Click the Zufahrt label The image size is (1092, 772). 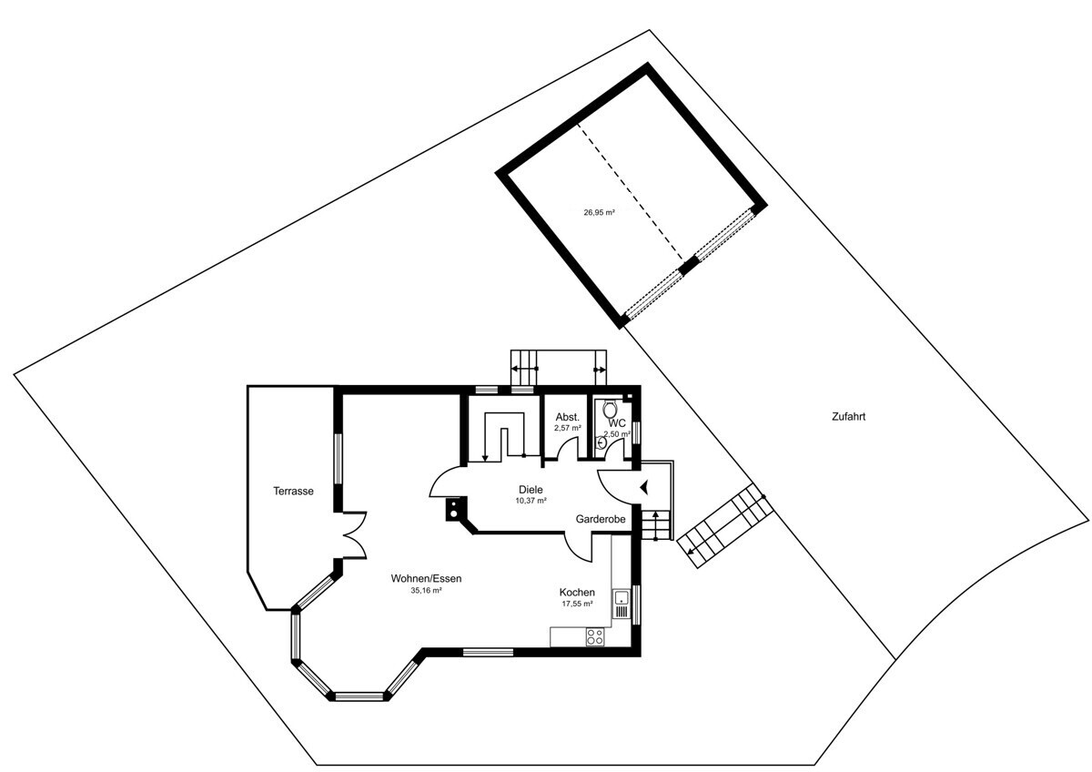(x=849, y=417)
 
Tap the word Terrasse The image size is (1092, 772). (x=293, y=491)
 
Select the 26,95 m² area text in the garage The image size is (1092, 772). (x=599, y=213)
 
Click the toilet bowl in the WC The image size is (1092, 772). (x=610, y=408)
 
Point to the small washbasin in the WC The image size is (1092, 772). (x=602, y=442)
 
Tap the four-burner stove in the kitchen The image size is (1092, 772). (x=595, y=636)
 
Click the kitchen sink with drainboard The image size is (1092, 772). (x=622, y=604)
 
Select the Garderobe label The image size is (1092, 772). (x=600, y=520)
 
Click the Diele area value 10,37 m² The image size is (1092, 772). (x=531, y=501)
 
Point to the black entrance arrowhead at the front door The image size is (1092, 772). (x=644, y=487)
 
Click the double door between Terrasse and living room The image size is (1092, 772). (x=355, y=535)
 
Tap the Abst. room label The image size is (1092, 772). (x=568, y=418)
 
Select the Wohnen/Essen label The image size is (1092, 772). (x=426, y=579)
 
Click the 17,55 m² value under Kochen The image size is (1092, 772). (x=577, y=604)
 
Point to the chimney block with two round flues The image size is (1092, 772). (x=454, y=509)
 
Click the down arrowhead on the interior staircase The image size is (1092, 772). (x=485, y=458)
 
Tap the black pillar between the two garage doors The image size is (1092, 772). (x=688, y=266)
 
